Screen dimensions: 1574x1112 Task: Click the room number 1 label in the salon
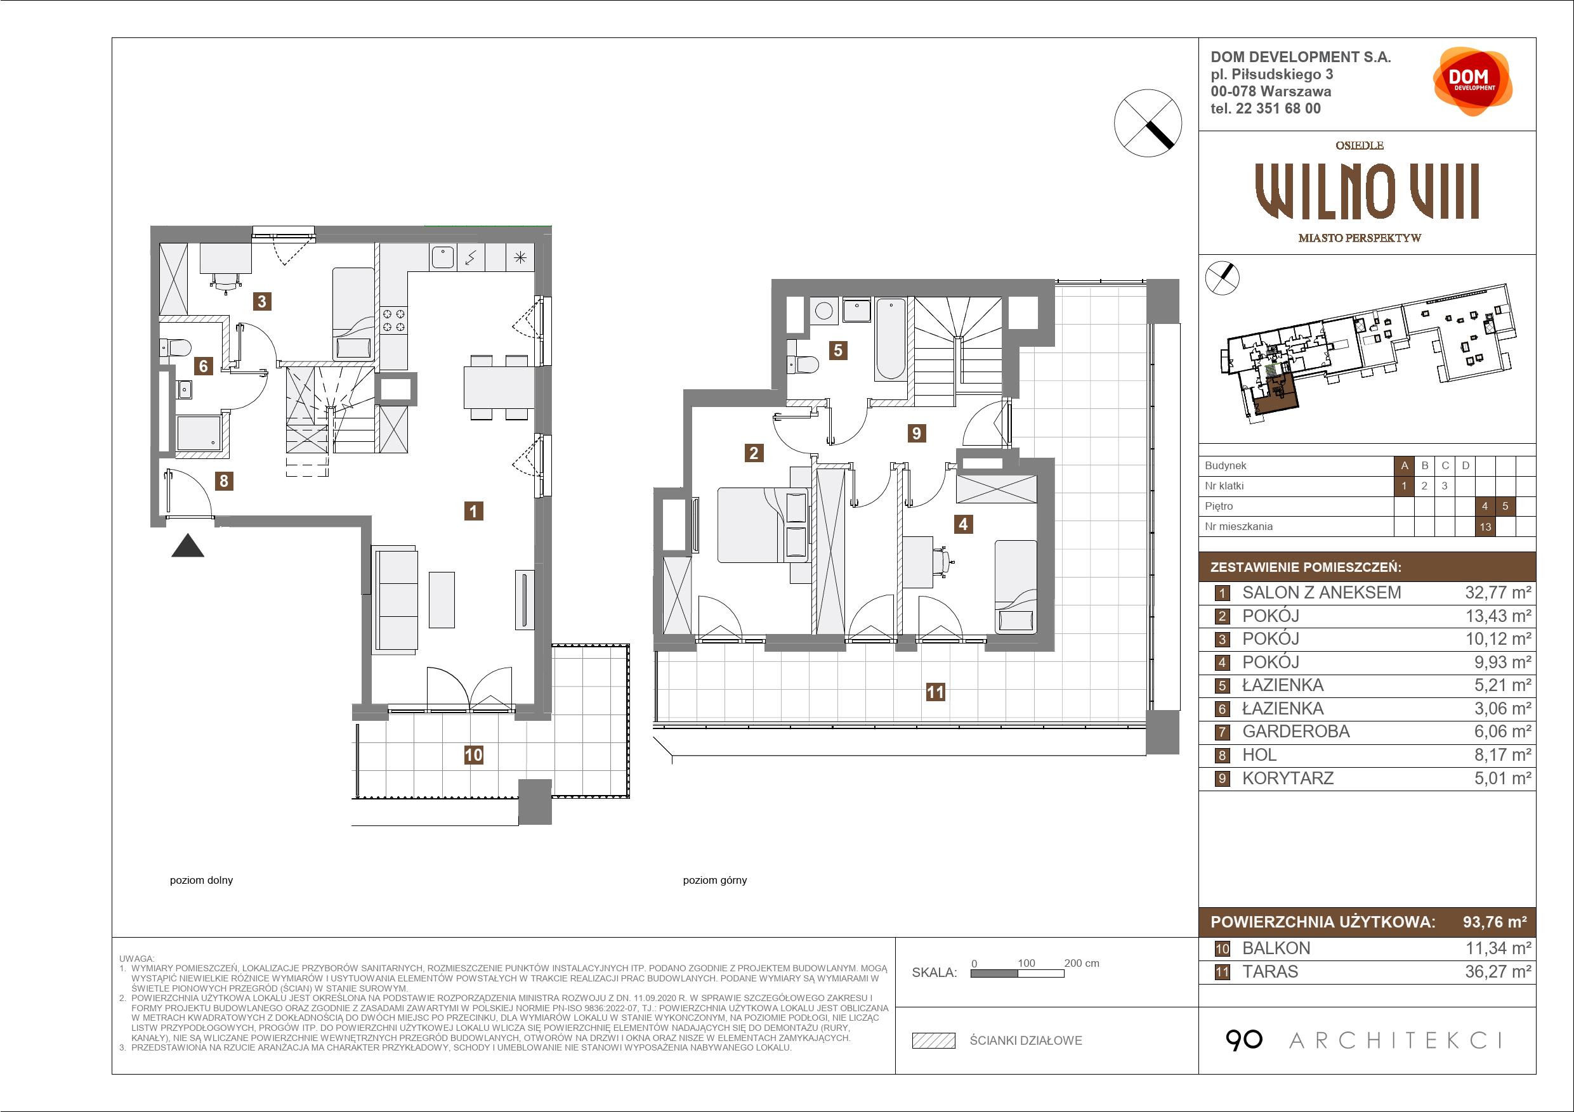tap(473, 511)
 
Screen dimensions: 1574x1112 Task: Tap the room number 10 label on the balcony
tap(473, 755)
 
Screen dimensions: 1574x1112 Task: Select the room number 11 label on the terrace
tap(935, 692)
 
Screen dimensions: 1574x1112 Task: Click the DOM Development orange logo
tap(1472, 82)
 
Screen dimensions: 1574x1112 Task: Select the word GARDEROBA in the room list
tap(1295, 732)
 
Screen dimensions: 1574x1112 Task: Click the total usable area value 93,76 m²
tap(1495, 922)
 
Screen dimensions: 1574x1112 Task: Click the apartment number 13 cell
tap(1486, 526)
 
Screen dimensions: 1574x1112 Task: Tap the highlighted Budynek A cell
tap(1404, 466)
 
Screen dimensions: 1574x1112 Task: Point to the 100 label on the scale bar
tap(1026, 962)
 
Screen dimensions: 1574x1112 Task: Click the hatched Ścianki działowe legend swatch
tap(934, 1041)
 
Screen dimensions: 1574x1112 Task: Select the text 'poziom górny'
tap(714, 881)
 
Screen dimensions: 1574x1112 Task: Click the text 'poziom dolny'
tap(202, 881)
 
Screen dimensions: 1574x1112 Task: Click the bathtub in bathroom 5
tap(891, 339)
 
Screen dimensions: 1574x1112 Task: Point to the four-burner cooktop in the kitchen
tap(393, 321)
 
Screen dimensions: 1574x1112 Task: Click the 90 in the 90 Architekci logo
tap(1243, 1040)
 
